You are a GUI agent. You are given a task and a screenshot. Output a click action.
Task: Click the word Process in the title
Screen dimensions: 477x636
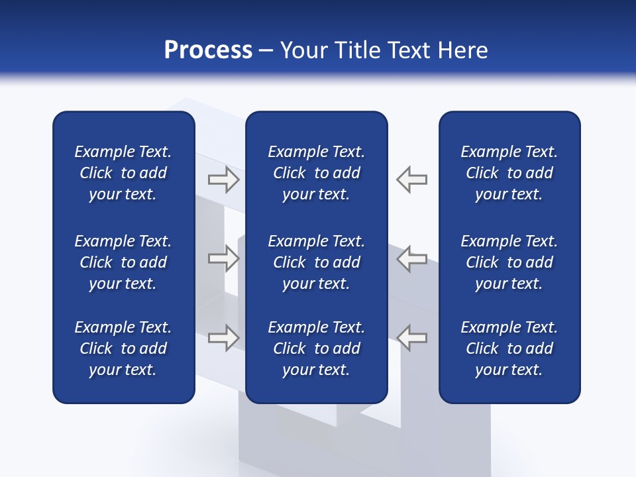(208, 50)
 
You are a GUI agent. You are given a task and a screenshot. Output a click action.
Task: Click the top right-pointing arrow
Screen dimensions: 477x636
(223, 180)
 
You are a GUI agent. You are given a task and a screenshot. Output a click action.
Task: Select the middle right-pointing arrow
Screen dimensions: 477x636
(223, 258)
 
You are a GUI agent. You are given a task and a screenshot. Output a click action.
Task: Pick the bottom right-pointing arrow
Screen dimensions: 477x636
(223, 337)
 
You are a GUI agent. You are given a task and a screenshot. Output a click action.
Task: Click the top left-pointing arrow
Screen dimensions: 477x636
(412, 180)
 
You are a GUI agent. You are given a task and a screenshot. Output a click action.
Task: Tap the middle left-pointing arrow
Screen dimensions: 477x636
(412, 258)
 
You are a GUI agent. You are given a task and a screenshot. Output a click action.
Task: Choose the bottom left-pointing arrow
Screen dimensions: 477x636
(412, 337)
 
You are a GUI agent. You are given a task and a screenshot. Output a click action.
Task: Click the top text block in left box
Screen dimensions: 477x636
(123, 173)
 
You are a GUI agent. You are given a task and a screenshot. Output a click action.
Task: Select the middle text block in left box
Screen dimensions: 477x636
(123, 262)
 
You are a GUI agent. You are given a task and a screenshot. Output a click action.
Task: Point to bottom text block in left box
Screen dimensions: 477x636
(123, 348)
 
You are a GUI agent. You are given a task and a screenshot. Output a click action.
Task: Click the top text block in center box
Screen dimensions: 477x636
(316, 173)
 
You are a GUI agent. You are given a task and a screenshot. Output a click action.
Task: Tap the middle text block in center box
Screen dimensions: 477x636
(316, 262)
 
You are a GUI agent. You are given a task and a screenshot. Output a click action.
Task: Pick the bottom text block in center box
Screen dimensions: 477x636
(316, 348)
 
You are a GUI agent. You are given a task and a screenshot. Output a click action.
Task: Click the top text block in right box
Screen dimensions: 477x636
(509, 173)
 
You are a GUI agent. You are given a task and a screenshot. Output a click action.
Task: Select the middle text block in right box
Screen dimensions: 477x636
(509, 262)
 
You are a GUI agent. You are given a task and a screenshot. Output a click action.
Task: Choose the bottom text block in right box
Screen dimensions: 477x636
(509, 348)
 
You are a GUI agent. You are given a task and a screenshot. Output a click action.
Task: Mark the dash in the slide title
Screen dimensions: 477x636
(266, 52)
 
